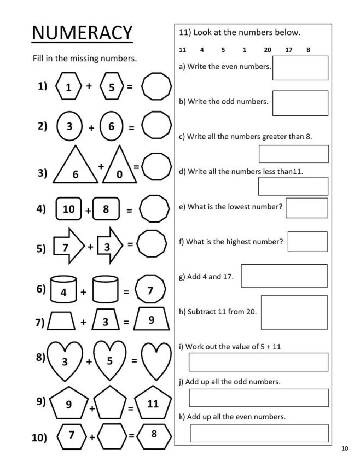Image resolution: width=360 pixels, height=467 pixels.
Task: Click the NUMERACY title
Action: tap(82, 33)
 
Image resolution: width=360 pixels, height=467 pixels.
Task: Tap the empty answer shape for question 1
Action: tap(156, 87)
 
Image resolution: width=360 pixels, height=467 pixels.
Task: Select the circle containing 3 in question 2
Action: tap(69, 126)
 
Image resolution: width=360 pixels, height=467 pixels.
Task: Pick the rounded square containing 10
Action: tap(69, 209)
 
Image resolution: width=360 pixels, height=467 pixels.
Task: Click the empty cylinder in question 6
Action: tap(105, 290)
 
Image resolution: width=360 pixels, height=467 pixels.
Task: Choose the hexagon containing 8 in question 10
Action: tap(154, 435)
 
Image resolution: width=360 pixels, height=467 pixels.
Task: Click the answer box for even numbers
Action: tap(300, 68)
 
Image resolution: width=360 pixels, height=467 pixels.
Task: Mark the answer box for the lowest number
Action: tap(306, 208)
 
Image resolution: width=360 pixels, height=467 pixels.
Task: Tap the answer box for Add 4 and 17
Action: tap(284, 276)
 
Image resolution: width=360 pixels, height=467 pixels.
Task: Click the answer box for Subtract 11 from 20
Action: tap(294, 313)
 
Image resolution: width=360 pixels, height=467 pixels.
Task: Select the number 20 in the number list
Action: tap(268, 50)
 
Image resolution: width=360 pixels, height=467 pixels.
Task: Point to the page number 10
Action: tap(344, 449)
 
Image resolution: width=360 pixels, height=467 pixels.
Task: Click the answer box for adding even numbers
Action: tap(259, 433)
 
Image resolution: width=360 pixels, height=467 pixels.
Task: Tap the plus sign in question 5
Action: tap(90, 246)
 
